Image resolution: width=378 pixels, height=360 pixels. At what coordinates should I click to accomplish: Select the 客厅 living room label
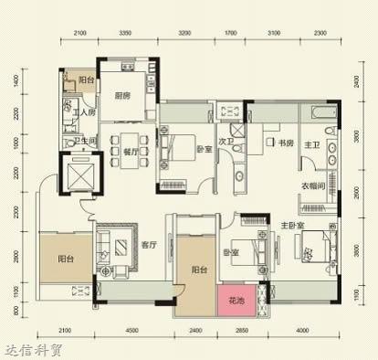pyautogui.click(x=151, y=245)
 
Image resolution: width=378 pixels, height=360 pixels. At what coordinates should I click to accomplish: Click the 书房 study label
pyautogui.click(x=283, y=143)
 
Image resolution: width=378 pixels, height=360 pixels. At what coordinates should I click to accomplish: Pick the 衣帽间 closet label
pyautogui.click(x=316, y=185)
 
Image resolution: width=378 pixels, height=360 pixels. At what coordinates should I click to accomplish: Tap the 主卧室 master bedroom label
pyautogui.click(x=293, y=225)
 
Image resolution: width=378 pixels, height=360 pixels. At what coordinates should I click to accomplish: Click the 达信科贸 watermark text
pyautogui.click(x=34, y=348)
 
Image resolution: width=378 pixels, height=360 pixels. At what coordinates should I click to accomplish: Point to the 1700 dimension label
pyautogui.click(x=231, y=33)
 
